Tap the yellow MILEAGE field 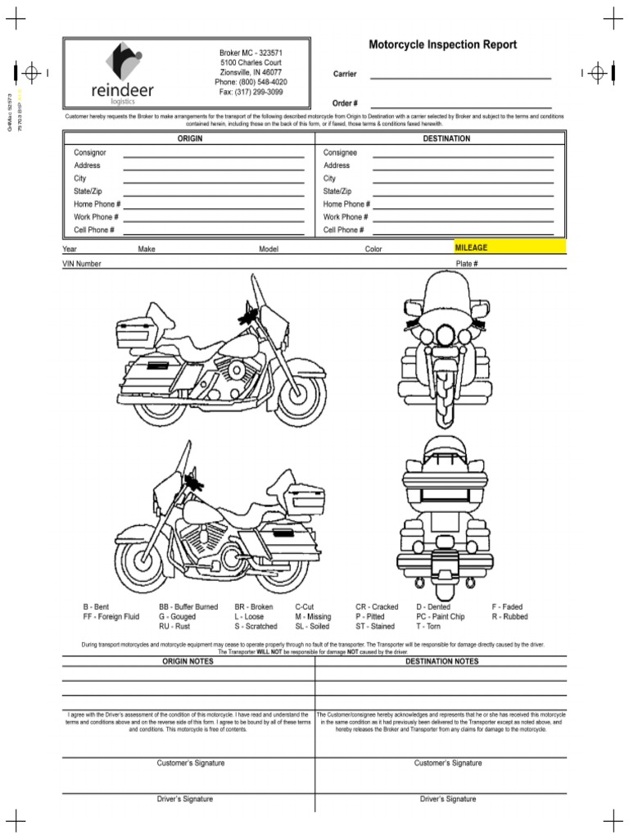click(x=509, y=247)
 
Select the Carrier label click(x=344, y=75)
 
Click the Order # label click(x=345, y=103)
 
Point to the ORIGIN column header click(x=190, y=138)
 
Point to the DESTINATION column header click(x=446, y=138)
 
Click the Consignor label click(x=90, y=152)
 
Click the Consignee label click(x=340, y=152)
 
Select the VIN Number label click(x=82, y=264)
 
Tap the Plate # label click(x=467, y=264)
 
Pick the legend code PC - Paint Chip click(x=440, y=616)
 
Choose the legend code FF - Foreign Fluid click(x=111, y=616)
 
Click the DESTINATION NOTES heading click(x=441, y=660)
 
